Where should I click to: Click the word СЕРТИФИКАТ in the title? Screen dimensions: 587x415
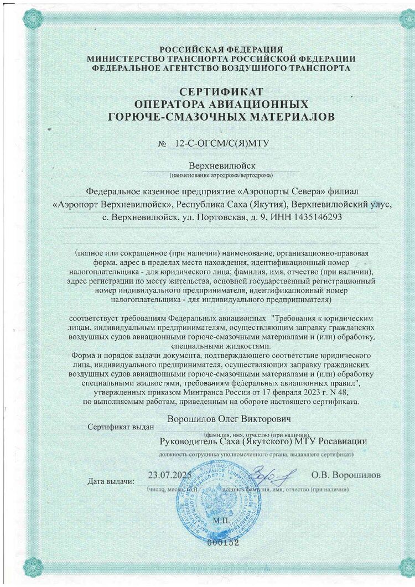coord(221,91)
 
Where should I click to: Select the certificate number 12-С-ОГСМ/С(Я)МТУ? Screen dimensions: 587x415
coord(221,143)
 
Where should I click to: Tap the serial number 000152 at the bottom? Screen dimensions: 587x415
coord(221,543)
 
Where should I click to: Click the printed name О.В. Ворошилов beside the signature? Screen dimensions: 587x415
coord(346,475)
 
